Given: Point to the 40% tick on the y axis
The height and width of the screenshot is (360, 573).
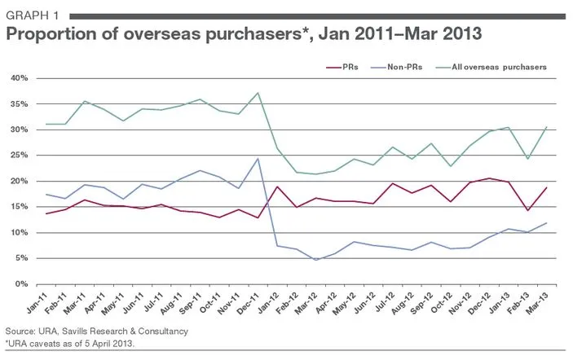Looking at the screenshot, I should (x=20, y=78).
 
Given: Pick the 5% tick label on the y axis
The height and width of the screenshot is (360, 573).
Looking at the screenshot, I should (x=21, y=258).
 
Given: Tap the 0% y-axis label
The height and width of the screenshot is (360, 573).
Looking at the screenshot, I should (x=21, y=284).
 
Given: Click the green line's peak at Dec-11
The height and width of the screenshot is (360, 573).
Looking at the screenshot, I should (x=258, y=93).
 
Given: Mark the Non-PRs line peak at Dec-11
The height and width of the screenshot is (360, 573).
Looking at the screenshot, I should (x=258, y=159).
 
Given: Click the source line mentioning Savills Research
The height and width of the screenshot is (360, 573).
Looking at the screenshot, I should (x=96, y=332).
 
